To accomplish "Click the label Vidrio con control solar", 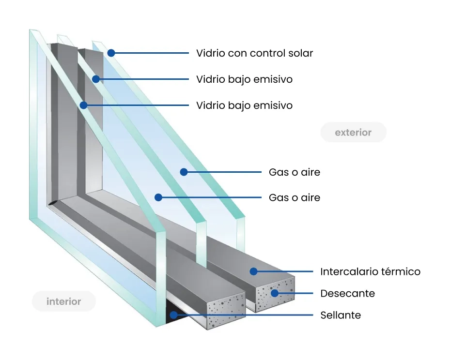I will (254, 53).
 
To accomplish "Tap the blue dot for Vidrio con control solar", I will (111, 53).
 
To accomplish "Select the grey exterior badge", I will (353, 132).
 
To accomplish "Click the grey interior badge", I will (63, 301).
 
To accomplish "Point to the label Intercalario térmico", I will (370, 271).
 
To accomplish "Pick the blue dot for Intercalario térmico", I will (253, 271).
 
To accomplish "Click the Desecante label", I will (347, 293).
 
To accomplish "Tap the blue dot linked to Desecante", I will (275, 293).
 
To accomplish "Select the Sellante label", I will (341, 315).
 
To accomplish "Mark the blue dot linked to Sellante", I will (173, 315).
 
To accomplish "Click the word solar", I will (301, 53).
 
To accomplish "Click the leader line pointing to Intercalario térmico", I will (286, 271).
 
